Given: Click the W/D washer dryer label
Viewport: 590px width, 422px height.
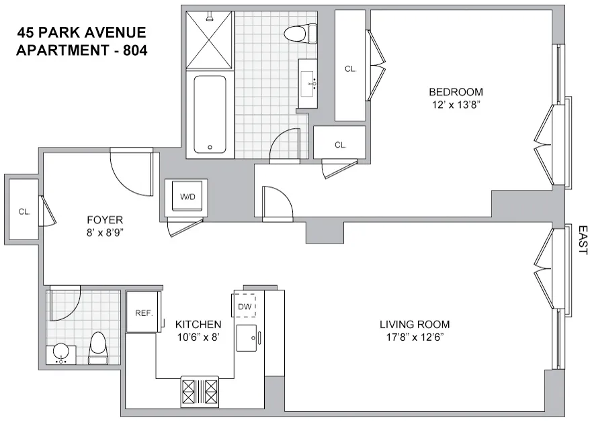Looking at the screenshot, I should pos(185,197).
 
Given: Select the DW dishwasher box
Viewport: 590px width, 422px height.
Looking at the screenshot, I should pos(244,307).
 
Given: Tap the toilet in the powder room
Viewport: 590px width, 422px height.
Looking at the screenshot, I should pos(98,348).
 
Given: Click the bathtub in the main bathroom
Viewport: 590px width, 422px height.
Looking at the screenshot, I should pos(210,115).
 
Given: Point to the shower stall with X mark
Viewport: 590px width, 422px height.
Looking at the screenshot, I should pos(208,40).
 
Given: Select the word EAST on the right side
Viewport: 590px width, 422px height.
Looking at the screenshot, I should pos(581,240).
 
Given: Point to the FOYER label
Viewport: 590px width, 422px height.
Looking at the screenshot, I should pos(105,219).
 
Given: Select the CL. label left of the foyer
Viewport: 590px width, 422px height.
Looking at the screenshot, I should pos(25,211).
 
